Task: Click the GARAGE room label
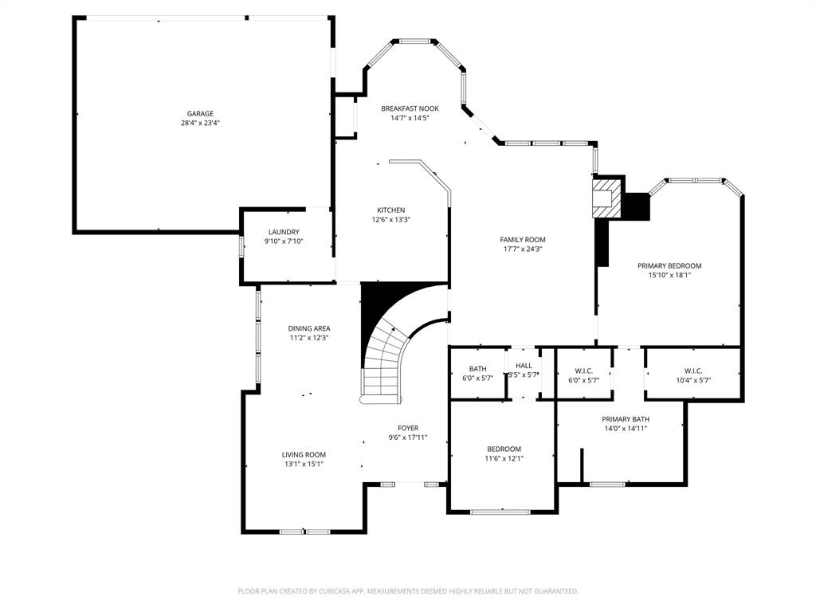[200, 114]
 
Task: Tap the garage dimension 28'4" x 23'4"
[200, 124]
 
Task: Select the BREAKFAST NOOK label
[410, 108]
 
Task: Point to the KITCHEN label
[390, 210]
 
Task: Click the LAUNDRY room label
[284, 232]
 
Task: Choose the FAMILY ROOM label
[523, 239]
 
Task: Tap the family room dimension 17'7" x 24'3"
[523, 249]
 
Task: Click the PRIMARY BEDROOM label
[669, 265]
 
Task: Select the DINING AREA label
[309, 328]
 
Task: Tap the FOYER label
[408, 428]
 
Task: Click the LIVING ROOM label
[304, 454]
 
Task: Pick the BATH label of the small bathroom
[477, 369]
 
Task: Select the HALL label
[524, 366]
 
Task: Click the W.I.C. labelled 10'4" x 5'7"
[692, 371]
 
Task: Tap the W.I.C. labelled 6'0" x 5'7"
[583, 371]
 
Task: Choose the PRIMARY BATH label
[625, 419]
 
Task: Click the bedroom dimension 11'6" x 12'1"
[504, 458]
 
